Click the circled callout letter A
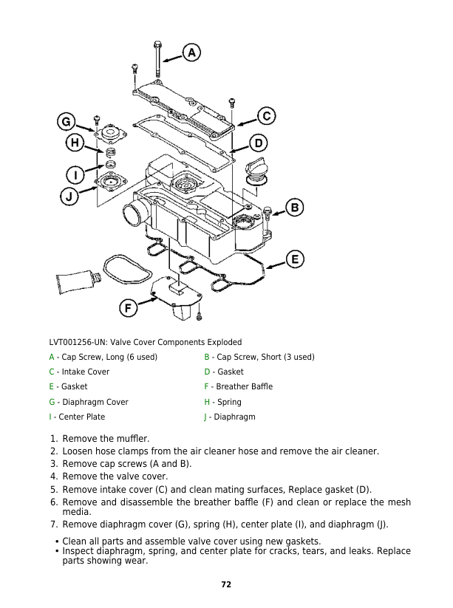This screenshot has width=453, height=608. tap(191, 52)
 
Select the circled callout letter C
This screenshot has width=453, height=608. tap(266, 116)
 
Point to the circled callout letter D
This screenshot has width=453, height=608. tap(258, 142)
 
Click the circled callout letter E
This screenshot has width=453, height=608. tap(294, 259)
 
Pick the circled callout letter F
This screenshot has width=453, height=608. tap(128, 308)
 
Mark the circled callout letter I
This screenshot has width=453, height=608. tap(75, 175)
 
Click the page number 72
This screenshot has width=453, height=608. tap(226, 584)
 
